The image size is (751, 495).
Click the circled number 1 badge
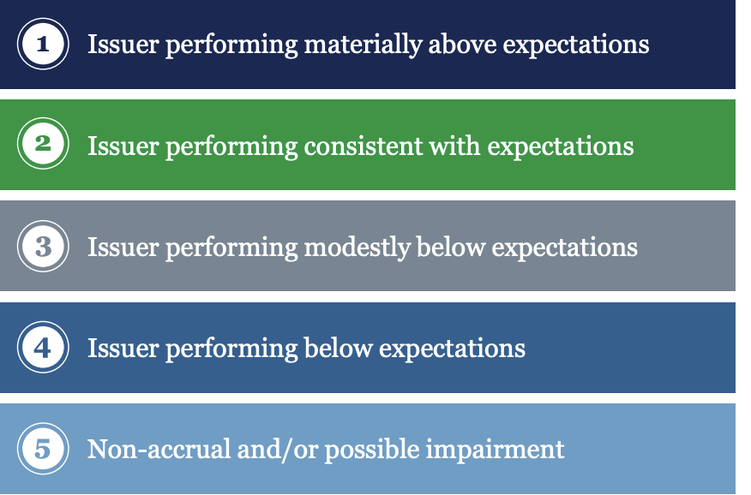pyautogui.click(x=43, y=44)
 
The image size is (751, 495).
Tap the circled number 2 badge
pyautogui.click(x=43, y=144)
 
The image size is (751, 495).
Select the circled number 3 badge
pyautogui.click(x=43, y=247)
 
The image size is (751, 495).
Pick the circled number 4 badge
pyautogui.click(x=43, y=347)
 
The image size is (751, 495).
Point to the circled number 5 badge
pyautogui.click(x=43, y=449)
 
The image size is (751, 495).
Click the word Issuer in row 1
pyautogui.click(x=123, y=45)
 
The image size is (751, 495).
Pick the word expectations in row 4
pyautogui.click(x=452, y=349)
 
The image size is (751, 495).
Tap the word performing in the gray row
pyautogui.click(x=231, y=248)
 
